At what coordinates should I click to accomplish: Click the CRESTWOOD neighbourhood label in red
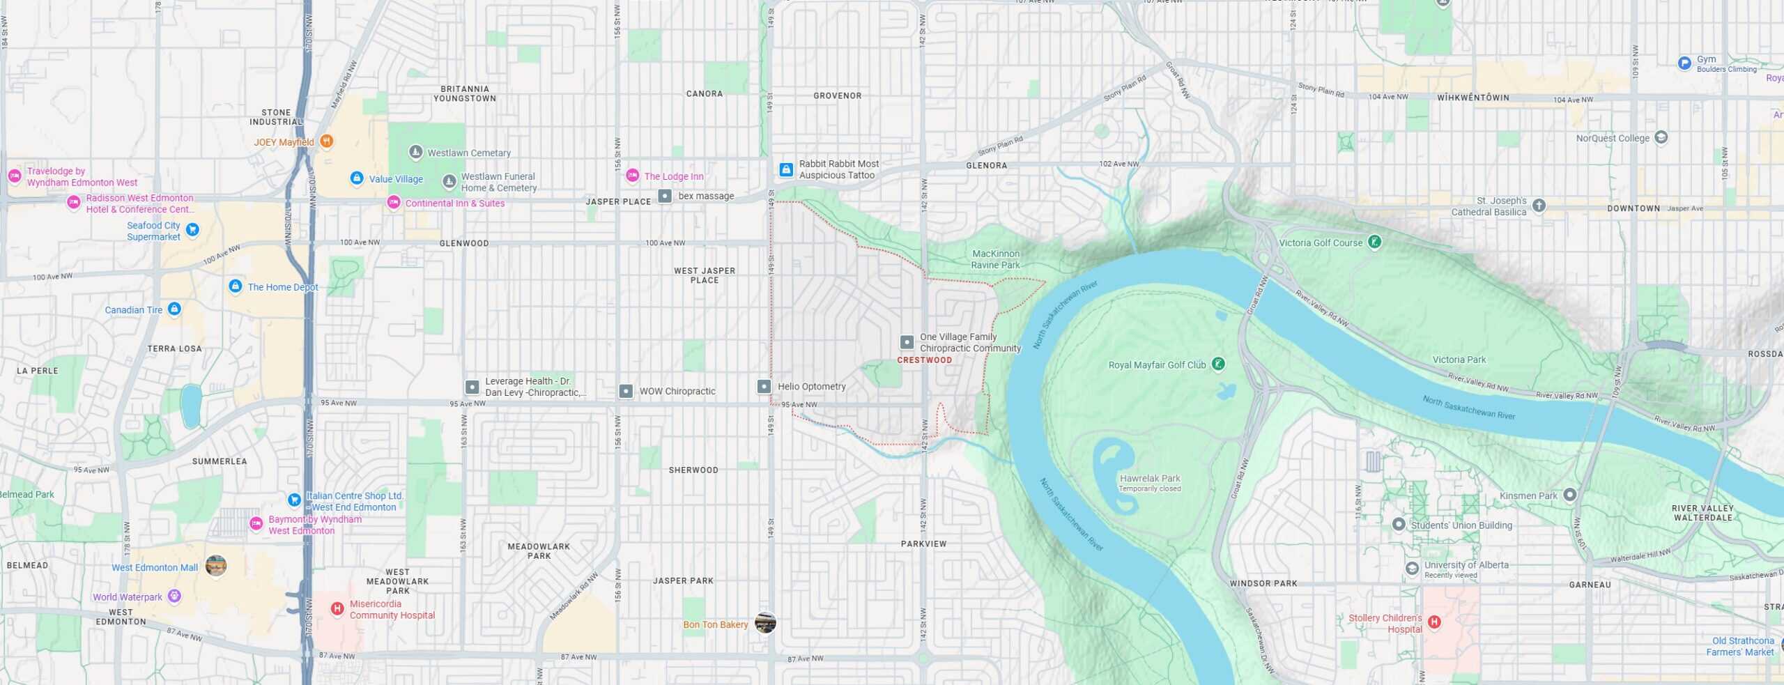click(924, 360)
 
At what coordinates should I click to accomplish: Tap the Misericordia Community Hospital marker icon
click(337, 609)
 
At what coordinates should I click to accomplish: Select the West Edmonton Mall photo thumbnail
click(216, 566)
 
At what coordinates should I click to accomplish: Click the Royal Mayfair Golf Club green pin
click(1218, 364)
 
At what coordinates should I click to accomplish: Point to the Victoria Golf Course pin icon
click(1374, 242)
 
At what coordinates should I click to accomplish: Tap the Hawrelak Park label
click(1150, 479)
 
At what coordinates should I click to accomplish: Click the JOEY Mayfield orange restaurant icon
click(326, 141)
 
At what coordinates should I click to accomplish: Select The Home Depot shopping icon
click(236, 286)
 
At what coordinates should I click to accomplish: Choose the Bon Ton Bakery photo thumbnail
click(765, 623)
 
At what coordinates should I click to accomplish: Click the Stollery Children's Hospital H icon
click(1434, 622)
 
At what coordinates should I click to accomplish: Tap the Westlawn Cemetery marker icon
click(415, 152)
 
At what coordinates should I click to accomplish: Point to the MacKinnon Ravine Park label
click(995, 259)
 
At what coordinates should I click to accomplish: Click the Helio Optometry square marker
click(764, 386)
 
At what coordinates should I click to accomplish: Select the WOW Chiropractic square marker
click(626, 391)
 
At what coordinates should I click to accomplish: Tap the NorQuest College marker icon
click(1661, 137)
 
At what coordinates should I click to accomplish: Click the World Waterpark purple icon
click(174, 596)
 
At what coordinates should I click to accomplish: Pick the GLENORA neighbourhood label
click(986, 166)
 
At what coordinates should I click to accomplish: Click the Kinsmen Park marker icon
click(1570, 495)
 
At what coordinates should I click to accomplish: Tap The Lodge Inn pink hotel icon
click(632, 176)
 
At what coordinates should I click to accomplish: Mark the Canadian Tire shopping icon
click(174, 309)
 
